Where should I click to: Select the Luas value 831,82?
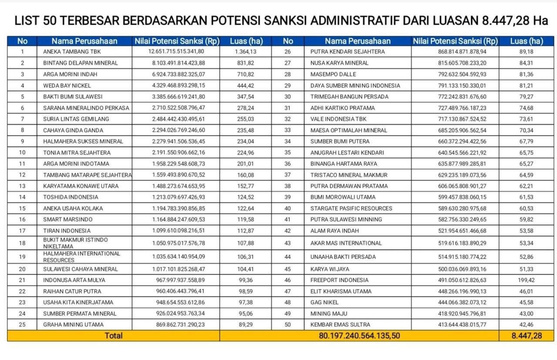point(246,63)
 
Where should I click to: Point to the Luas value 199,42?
point(526,280)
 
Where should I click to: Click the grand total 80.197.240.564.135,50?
point(359,336)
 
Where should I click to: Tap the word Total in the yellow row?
point(113,336)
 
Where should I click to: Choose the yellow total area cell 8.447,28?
point(527,336)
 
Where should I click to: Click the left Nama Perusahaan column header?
point(84,41)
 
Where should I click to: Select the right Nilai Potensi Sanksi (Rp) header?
point(455,41)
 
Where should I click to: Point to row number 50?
point(288,325)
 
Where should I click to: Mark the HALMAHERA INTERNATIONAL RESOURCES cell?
point(81,257)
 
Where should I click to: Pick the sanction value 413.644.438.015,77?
point(456,325)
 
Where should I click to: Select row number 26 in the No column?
point(288,52)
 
